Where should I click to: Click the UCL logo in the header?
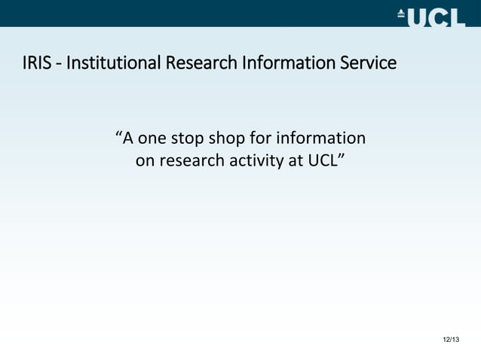(x=431, y=16)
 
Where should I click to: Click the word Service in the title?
(x=368, y=63)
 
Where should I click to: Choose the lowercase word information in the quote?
(x=322, y=139)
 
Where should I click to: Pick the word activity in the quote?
(x=250, y=160)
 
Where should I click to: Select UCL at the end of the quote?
(x=320, y=160)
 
